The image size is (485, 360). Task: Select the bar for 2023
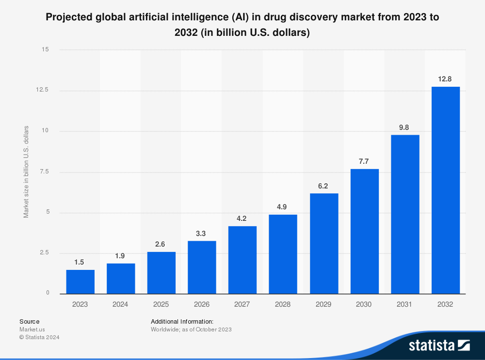[x=80, y=282]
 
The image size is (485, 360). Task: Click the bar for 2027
[x=242, y=260]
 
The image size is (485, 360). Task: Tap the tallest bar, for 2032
[x=446, y=190]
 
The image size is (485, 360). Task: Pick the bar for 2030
[x=365, y=232]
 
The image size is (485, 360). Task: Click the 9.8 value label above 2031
[x=404, y=127]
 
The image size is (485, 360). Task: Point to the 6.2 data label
[x=323, y=186]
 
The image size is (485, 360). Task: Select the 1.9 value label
[x=120, y=256]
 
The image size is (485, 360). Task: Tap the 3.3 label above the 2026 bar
[x=201, y=234]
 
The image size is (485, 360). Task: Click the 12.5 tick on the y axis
[x=42, y=90]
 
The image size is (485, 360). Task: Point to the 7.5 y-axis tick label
[x=44, y=172]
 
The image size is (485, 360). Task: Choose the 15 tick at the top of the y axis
[x=45, y=49]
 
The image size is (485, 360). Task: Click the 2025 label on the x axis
[x=161, y=304]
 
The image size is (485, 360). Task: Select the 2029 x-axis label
[x=323, y=304]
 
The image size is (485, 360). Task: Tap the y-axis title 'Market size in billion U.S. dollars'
[x=26, y=172]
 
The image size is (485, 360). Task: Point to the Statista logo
[x=439, y=345]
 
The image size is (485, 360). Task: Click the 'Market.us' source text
[x=32, y=329]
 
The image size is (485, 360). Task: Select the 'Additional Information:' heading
[x=182, y=322]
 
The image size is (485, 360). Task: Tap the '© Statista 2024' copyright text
[x=39, y=337]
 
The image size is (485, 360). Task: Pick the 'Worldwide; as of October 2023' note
[x=191, y=329]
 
